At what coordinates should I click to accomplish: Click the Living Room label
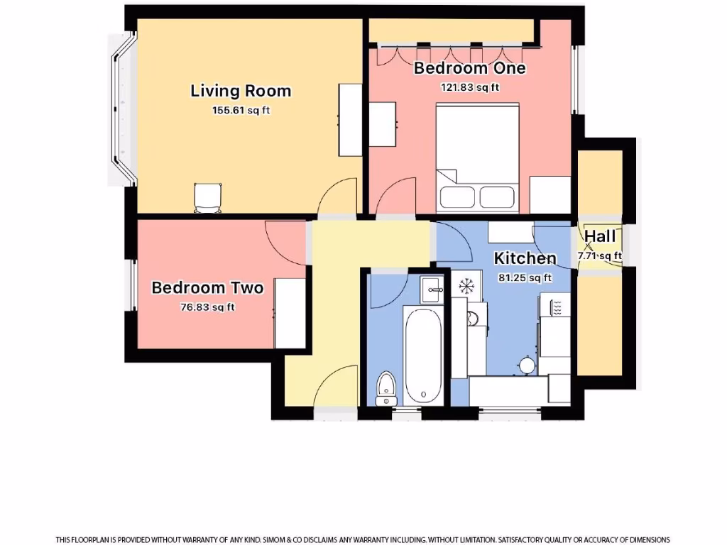tap(241, 91)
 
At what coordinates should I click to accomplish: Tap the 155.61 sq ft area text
tap(241, 110)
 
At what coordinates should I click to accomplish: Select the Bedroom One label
tap(469, 68)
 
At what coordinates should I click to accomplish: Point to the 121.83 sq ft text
tap(469, 87)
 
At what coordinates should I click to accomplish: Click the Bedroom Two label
tap(207, 287)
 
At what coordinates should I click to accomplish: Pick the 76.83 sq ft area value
tap(207, 307)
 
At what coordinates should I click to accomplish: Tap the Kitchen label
tap(525, 258)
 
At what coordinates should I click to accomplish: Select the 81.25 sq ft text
tap(525, 277)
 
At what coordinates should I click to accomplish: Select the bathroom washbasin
tap(432, 289)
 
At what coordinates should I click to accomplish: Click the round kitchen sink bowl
tap(527, 365)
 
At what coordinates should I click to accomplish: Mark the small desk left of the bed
tap(383, 124)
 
